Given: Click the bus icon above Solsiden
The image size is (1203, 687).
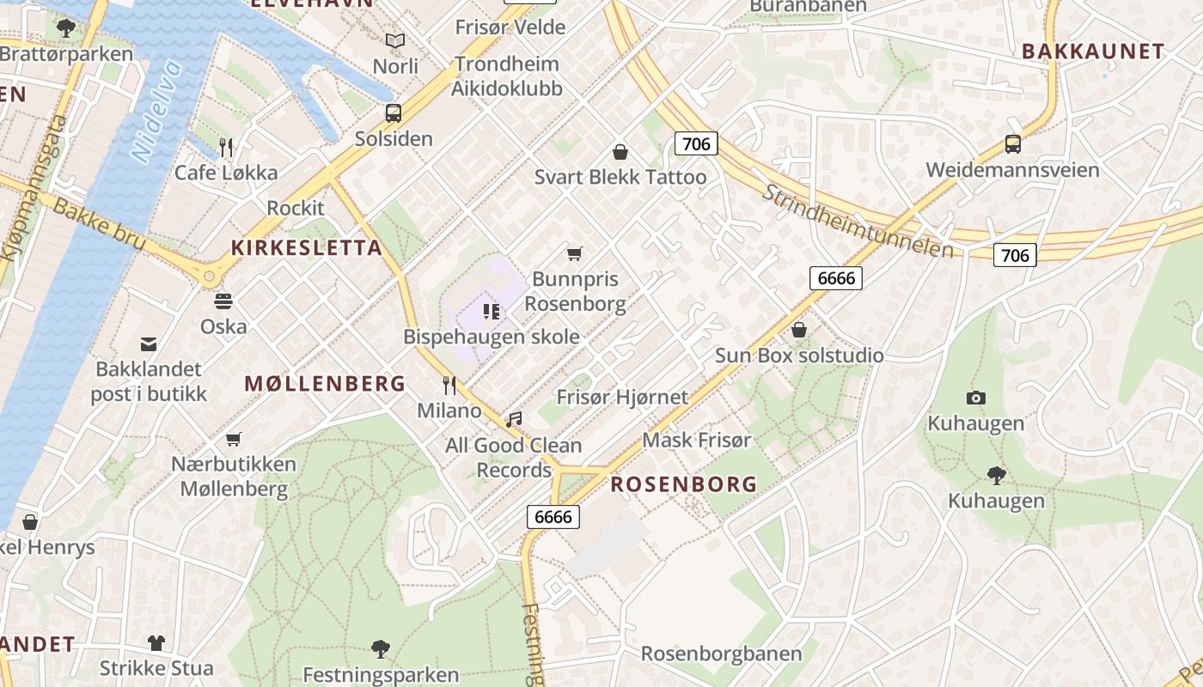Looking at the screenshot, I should click(393, 113).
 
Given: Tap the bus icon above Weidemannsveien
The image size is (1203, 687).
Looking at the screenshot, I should click(1012, 144).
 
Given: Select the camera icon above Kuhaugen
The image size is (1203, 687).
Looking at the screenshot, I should click(975, 398).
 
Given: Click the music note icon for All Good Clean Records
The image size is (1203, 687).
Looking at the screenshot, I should click(514, 420).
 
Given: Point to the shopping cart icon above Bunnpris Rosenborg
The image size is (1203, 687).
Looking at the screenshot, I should click(575, 253).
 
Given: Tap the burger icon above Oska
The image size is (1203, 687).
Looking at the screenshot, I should click(223, 301).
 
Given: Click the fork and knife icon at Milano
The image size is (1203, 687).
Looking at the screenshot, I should click(449, 385).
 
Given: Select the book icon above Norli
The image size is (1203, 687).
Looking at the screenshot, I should click(395, 40).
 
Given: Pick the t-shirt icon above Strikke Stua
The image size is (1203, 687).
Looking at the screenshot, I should click(156, 642).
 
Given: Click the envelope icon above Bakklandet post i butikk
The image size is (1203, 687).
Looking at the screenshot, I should click(149, 344).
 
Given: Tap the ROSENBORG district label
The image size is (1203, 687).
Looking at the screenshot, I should click(684, 484).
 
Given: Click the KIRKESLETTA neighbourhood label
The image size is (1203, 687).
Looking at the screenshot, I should click(307, 248).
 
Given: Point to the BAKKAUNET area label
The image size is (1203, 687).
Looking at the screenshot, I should click(1093, 52).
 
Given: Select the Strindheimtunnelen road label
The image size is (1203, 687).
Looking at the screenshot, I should click(858, 221).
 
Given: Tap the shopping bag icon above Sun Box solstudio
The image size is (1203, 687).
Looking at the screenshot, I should click(799, 330).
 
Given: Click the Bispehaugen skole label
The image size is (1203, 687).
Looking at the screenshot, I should click(492, 337).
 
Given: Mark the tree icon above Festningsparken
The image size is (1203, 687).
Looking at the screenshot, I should click(381, 649).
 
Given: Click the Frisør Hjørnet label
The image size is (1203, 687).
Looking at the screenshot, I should click(622, 397).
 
